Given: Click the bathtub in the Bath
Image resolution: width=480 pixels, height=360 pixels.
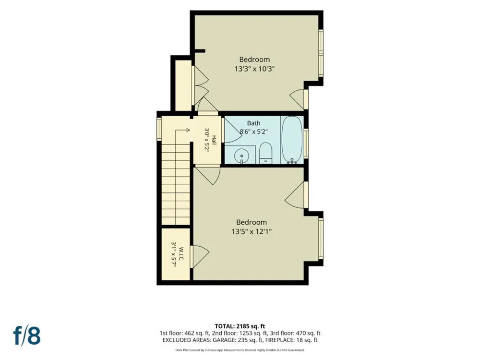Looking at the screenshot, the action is tap(292, 140).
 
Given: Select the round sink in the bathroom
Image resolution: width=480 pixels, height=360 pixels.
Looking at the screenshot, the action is tap(241, 156).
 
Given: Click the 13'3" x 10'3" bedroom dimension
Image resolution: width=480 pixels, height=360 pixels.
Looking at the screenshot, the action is tap(254, 69).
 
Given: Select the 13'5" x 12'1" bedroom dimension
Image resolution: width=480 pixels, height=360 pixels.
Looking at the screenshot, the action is tap(252, 232).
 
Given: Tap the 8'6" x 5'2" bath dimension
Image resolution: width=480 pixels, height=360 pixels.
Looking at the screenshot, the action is tap(254, 132).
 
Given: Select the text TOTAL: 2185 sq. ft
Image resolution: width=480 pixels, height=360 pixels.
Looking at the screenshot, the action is tap(240, 326).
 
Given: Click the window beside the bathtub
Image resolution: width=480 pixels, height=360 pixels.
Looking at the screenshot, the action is tap(306, 143).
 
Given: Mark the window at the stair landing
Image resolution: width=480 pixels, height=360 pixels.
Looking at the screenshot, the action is tap(159, 129).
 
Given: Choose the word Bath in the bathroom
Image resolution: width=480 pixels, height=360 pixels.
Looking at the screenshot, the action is tap(254, 123).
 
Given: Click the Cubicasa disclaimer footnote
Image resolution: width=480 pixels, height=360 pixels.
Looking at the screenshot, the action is tap(240, 350).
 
